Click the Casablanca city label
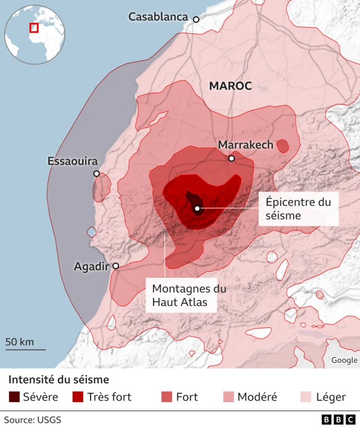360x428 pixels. point(158,17)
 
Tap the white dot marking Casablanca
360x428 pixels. point(196,20)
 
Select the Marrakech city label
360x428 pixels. point(245,145)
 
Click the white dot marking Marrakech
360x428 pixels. point(231,159)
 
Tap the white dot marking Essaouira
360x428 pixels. point(97,174)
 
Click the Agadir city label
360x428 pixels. point(91,267)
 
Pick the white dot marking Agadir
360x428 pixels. point(116,266)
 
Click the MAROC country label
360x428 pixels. point(230,86)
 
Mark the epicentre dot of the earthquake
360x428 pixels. point(197,209)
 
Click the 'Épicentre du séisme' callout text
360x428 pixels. point(298,209)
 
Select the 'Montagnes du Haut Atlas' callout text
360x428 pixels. point(181,296)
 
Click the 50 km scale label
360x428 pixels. point(20,341)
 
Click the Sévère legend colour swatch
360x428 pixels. point(14,397)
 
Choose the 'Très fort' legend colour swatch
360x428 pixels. point(78,397)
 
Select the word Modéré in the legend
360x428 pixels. point(257,397)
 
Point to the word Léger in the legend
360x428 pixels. point(331,397)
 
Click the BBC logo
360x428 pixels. point(338,420)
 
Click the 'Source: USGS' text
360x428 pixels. point(33,420)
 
